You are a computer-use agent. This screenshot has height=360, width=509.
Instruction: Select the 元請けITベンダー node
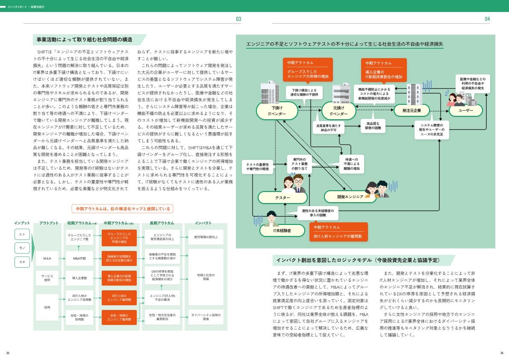tap(338, 111)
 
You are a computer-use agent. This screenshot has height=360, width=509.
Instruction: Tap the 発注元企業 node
tap(412, 111)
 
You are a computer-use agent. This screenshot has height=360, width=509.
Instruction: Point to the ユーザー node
tap(465, 110)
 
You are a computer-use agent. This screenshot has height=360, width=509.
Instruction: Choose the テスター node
tap(282, 198)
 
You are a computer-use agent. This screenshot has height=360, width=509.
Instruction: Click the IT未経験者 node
tap(282, 230)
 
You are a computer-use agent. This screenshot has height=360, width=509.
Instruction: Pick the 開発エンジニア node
tap(350, 197)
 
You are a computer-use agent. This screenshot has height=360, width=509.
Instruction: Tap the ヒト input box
tap(22, 234)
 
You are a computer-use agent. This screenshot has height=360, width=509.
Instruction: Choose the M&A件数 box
tap(79, 258)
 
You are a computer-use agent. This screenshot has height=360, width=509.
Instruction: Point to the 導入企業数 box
tap(79, 278)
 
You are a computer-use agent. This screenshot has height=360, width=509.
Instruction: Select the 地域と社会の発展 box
tap(206, 277)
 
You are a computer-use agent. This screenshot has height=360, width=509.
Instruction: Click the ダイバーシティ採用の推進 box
tap(206, 317)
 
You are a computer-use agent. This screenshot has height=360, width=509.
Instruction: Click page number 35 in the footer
tap(8, 353)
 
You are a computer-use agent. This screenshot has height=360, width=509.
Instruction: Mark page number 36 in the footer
tap(501, 353)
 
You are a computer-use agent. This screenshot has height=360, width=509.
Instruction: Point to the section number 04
tap(487, 19)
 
